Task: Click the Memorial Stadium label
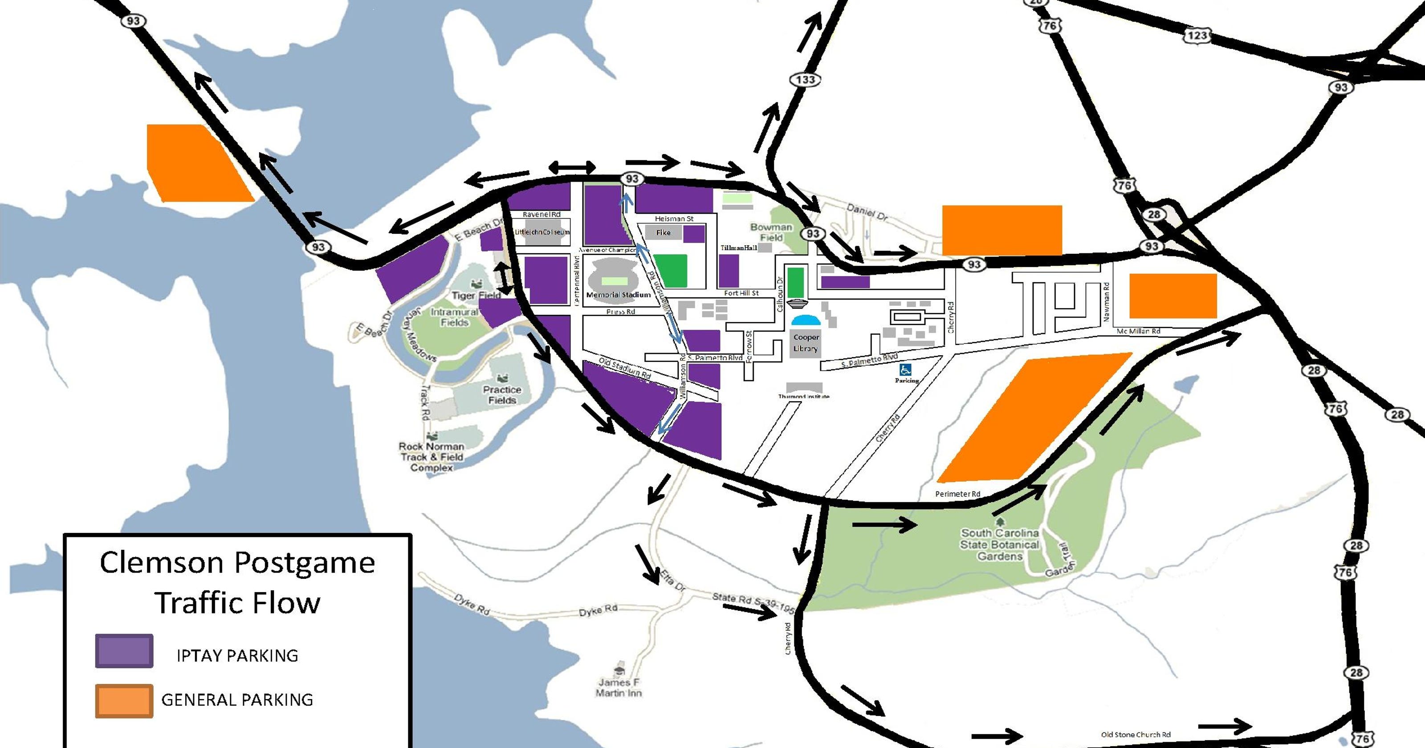point(619,295)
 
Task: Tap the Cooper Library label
point(806,342)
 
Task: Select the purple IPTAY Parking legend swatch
point(124,650)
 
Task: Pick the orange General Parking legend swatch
point(124,701)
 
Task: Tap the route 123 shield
point(1197,36)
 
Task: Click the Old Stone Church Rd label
point(1135,735)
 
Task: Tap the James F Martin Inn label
point(619,687)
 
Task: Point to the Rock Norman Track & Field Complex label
point(432,457)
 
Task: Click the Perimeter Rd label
point(957,493)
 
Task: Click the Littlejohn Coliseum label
point(541,232)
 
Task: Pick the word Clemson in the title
point(162,563)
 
